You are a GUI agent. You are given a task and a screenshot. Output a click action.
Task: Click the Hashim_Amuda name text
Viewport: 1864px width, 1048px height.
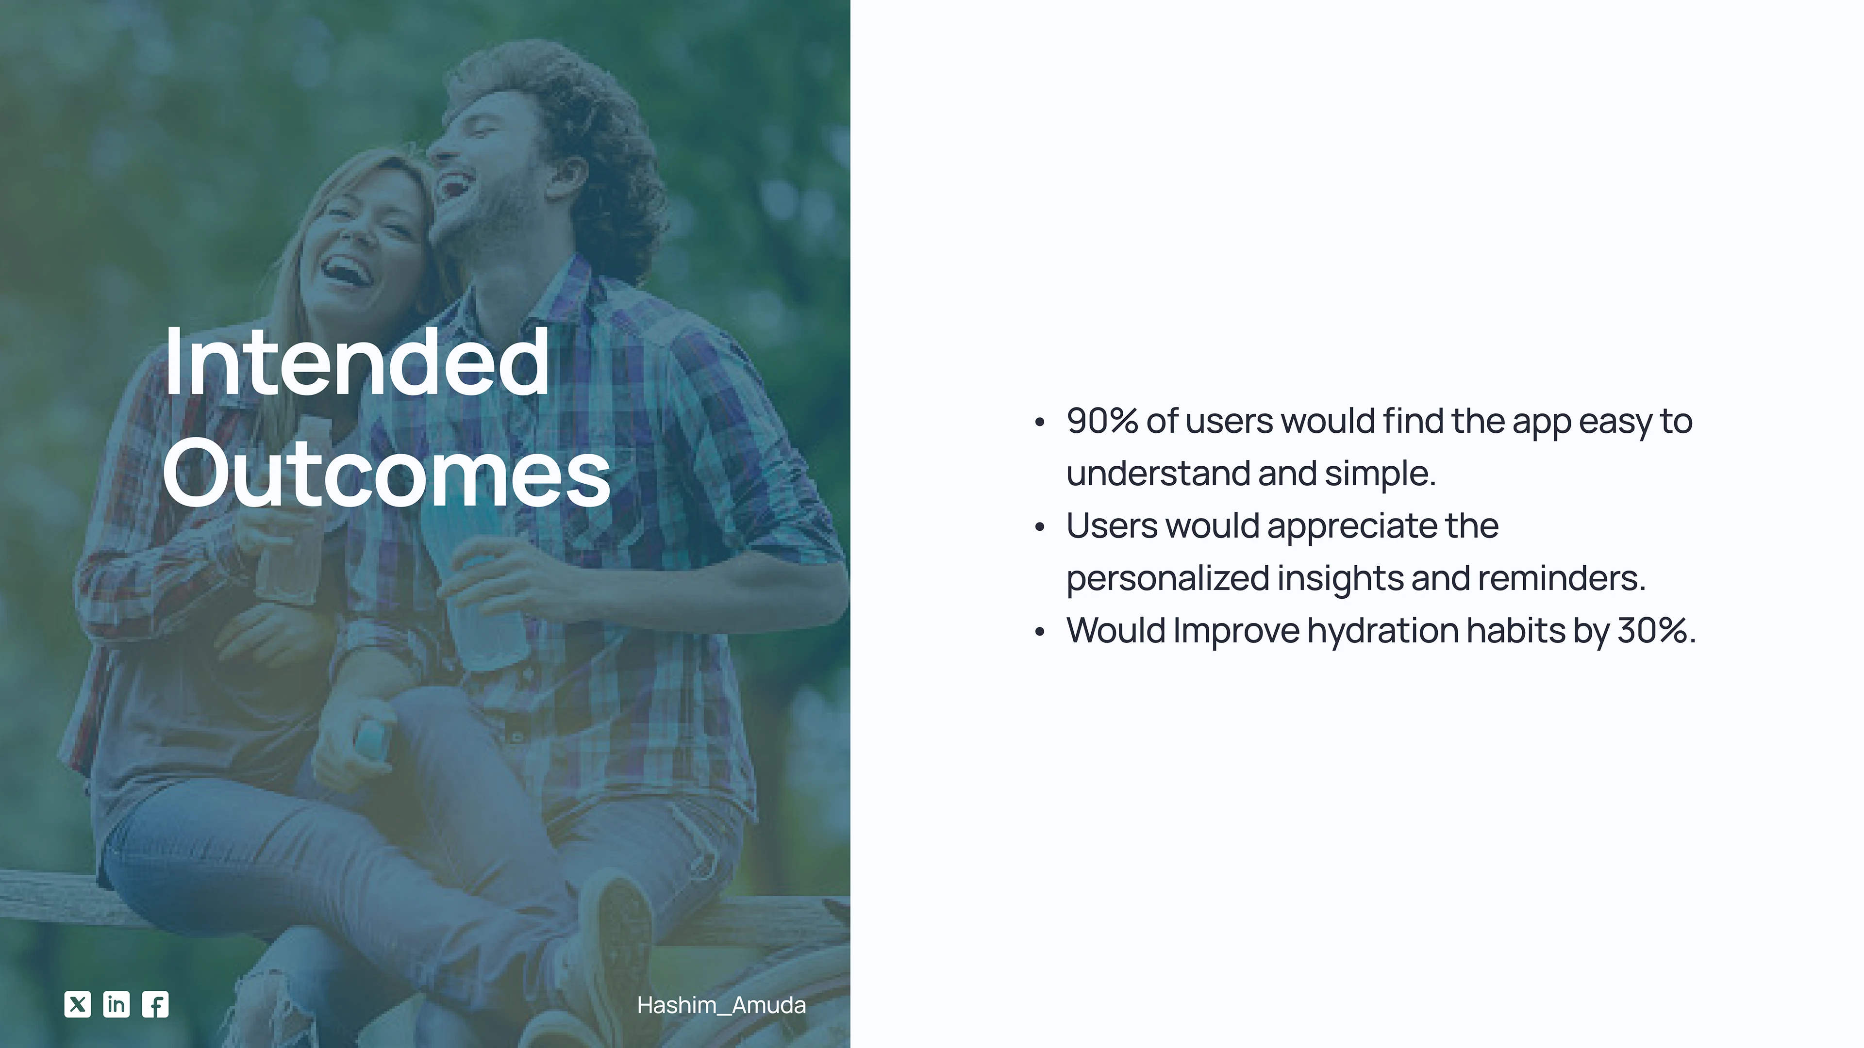tap(721, 1005)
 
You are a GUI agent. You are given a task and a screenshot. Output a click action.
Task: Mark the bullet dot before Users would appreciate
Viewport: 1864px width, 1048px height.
tap(1040, 527)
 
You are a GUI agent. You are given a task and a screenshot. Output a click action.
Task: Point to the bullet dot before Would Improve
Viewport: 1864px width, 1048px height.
tap(1040, 632)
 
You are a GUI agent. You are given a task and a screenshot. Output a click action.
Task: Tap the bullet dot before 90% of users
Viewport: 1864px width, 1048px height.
tap(1040, 423)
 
